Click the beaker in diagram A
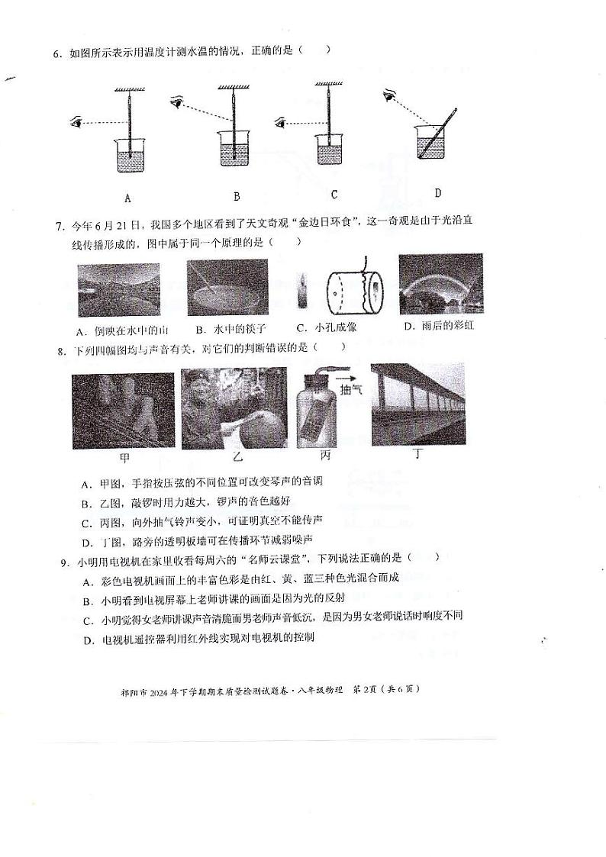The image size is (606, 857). pos(129,155)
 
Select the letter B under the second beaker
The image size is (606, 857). pos(237,196)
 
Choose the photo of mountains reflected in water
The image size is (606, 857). pos(118,290)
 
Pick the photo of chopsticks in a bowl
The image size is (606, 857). pos(227,288)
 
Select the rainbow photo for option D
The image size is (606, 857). pos(440,284)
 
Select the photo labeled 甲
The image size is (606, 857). pos(123,411)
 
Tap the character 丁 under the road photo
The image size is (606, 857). pos(417,454)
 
